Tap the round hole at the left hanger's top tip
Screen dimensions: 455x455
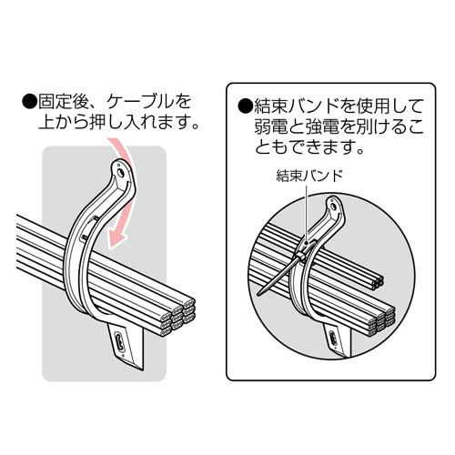[120, 172]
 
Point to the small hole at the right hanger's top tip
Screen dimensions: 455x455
[334, 207]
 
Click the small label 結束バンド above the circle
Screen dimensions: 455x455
[309, 176]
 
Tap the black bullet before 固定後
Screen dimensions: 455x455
[29, 102]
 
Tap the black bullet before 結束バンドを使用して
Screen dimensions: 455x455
[245, 106]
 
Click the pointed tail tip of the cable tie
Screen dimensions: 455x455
[258, 294]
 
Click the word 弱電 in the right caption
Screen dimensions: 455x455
[270, 126]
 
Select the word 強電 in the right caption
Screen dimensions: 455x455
[322, 126]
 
